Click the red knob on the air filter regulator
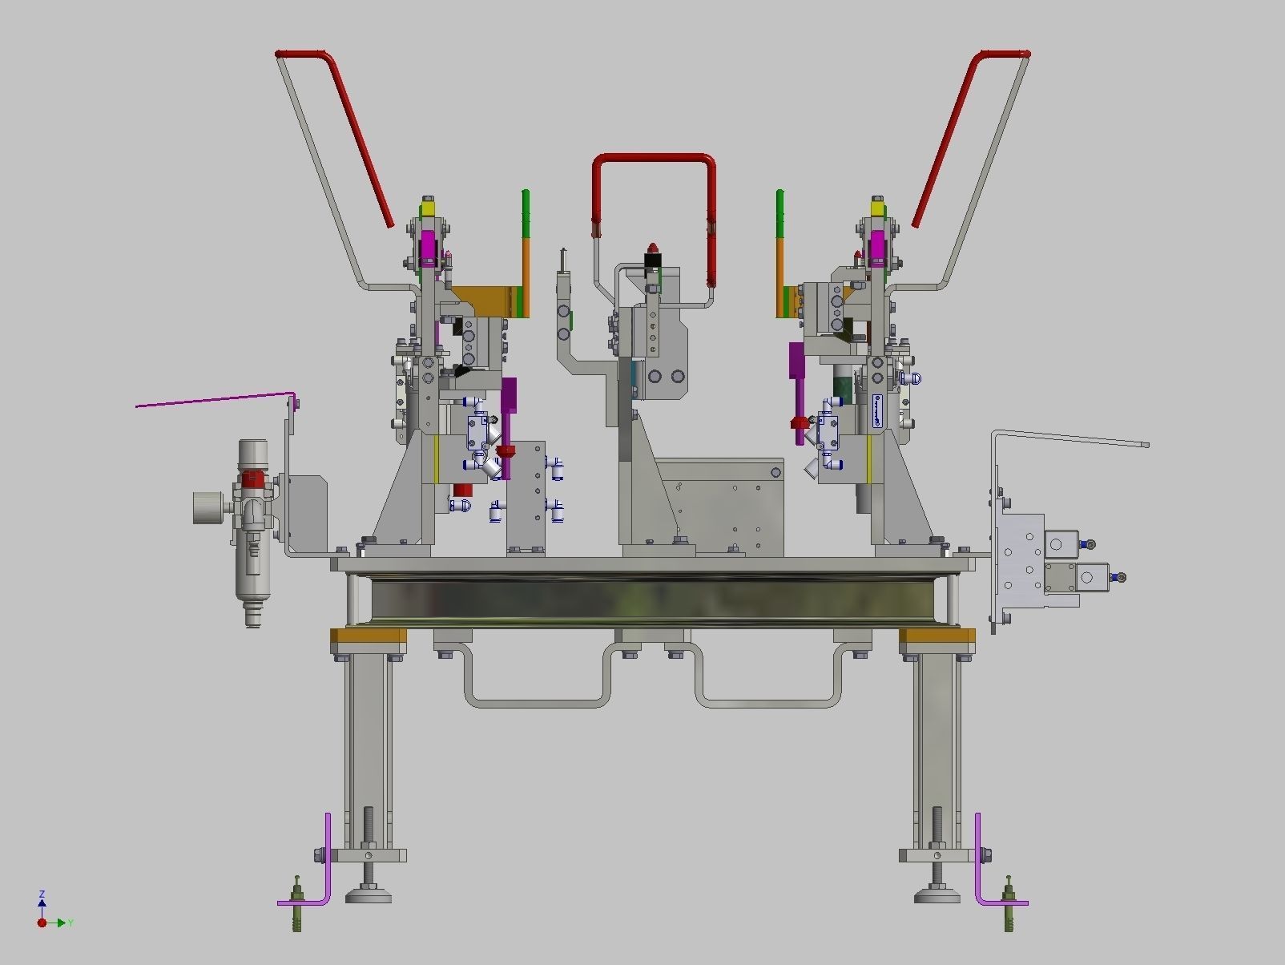252,479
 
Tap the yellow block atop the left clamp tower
429,208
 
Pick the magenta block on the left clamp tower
428,248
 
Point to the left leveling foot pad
369,894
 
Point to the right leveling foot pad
937,894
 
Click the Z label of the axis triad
42,894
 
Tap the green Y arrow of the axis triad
61,923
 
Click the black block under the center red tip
653,260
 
